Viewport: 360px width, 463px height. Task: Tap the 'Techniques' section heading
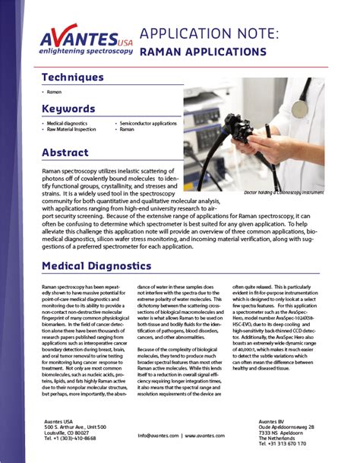click(x=73, y=77)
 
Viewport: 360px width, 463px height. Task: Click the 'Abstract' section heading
click(x=65, y=152)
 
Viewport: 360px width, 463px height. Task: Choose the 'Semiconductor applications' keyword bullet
click(x=149, y=122)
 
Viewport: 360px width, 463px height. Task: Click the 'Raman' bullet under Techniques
click(x=53, y=90)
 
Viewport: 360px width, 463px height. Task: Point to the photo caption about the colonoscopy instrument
click(x=286, y=193)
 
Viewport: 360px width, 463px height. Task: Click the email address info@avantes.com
click(x=158, y=436)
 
